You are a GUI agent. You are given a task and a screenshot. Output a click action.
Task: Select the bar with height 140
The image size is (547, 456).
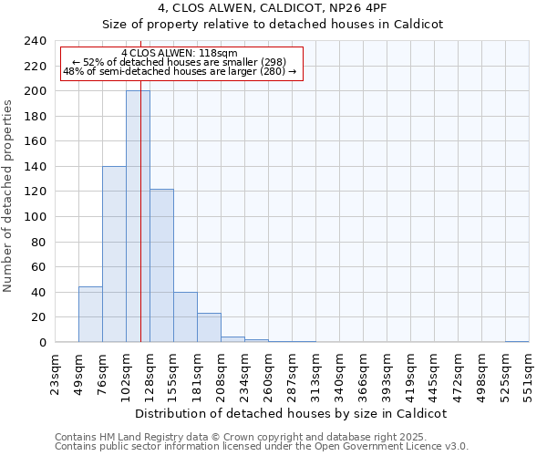pos(114,254)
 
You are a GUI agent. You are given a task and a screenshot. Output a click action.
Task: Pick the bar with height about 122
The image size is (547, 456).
pos(161,265)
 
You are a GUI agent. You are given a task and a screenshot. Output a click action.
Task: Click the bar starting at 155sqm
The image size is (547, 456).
pos(185,317)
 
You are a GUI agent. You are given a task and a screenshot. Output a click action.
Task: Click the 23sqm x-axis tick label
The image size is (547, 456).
pos(56,372)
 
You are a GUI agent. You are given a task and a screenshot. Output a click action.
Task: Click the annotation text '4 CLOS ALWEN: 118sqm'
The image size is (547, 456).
pos(179,53)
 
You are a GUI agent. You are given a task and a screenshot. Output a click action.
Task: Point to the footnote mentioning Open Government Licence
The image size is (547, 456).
pos(262,446)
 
